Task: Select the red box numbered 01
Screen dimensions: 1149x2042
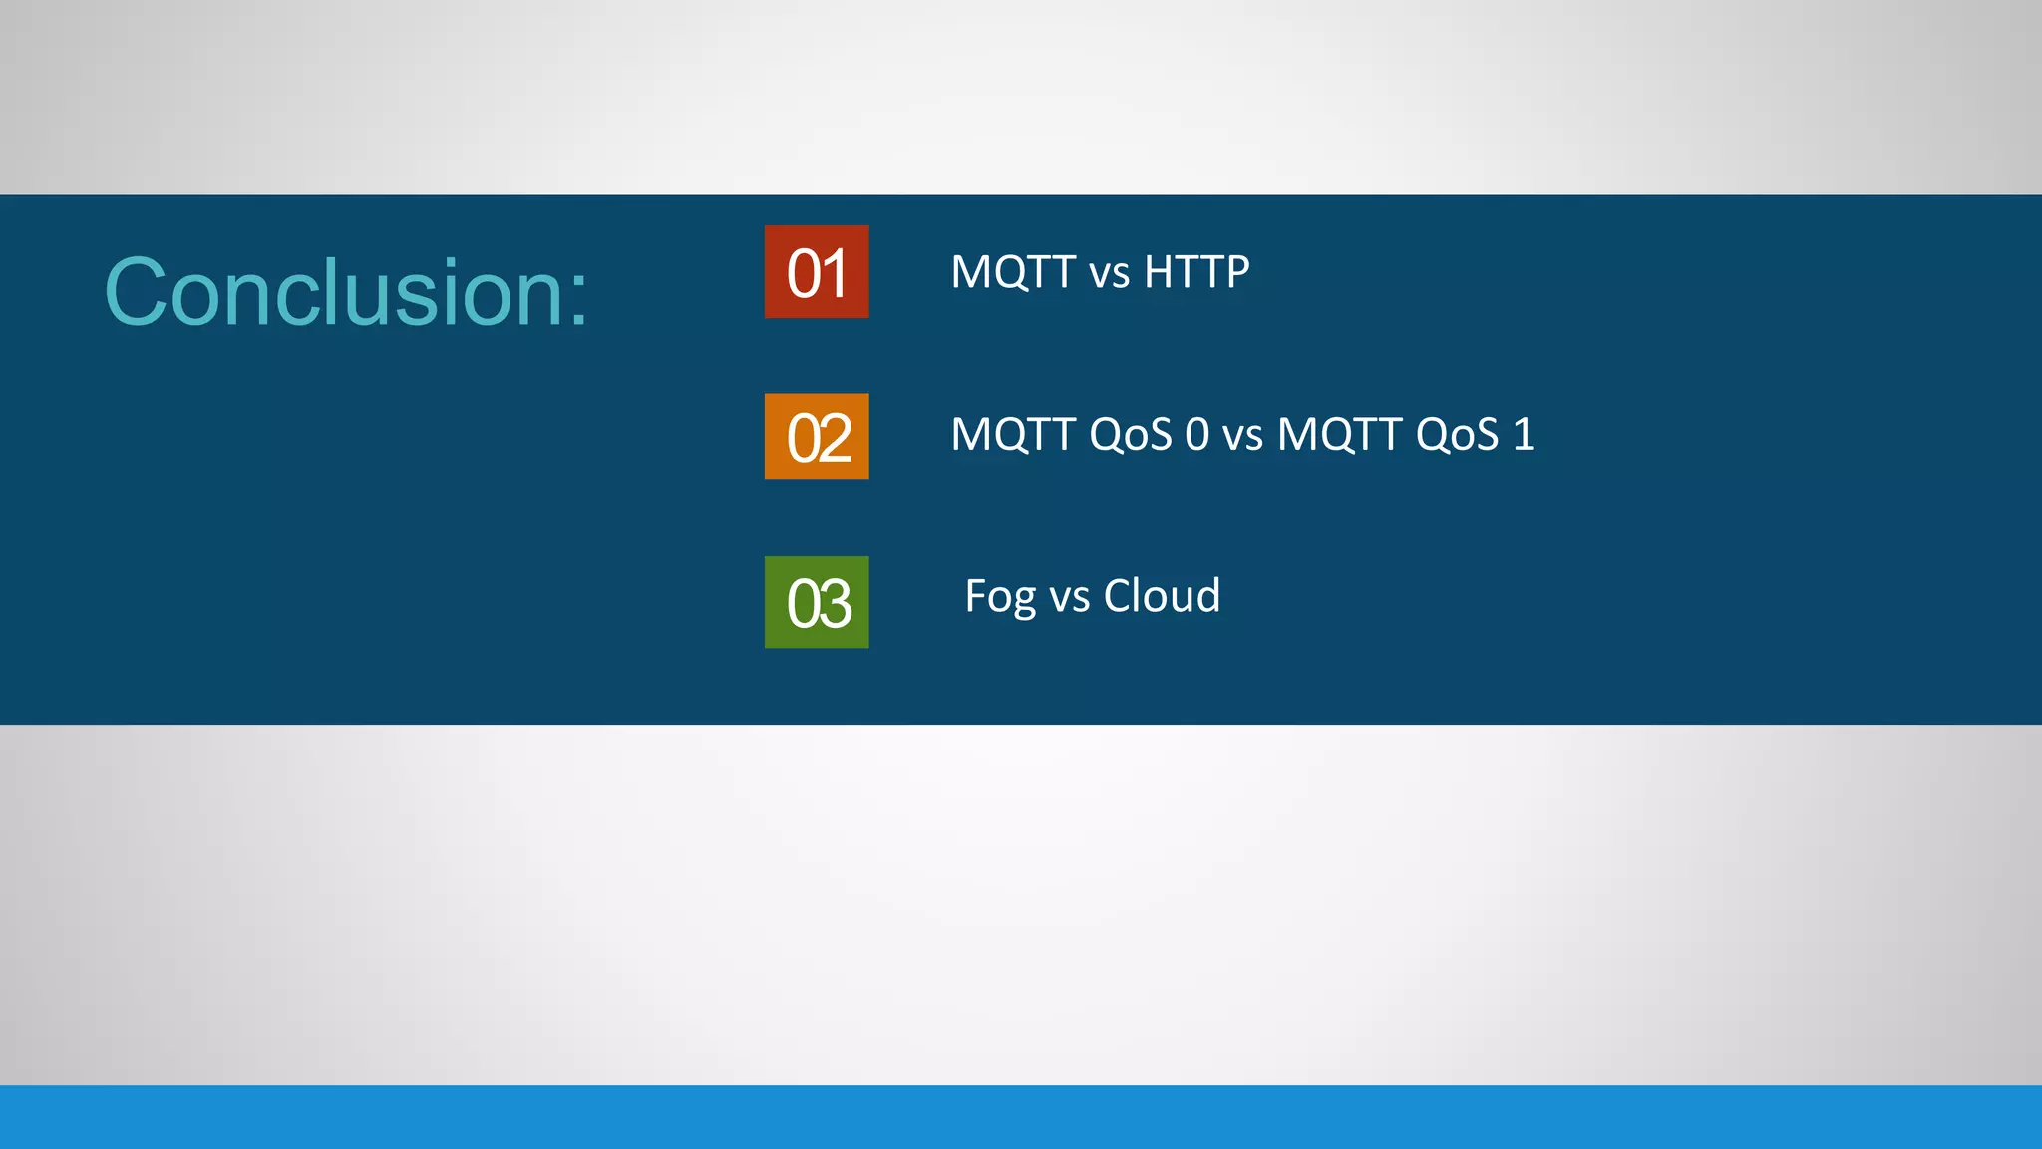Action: [x=817, y=272]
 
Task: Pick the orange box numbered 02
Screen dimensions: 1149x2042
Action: [x=817, y=437]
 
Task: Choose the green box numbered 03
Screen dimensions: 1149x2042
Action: [x=817, y=602]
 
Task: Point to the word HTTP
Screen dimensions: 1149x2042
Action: [x=1196, y=272]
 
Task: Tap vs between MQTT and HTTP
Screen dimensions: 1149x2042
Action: [x=1109, y=274]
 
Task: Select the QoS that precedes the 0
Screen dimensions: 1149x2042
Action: [x=1131, y=435]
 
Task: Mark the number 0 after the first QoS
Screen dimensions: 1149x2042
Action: [x=1196, y=435]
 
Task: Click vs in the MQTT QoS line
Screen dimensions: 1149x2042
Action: [x=1242, y=437]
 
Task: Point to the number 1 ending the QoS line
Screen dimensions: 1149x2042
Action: [x=1524, y=435]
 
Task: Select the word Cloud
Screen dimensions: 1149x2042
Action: [x=1162, y=596]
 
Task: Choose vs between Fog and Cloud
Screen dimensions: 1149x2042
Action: [x=1070, y=598]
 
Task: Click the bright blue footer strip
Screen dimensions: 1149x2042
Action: [x=1021, y=1117]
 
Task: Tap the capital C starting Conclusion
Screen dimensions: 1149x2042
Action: [x=135, y=292]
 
